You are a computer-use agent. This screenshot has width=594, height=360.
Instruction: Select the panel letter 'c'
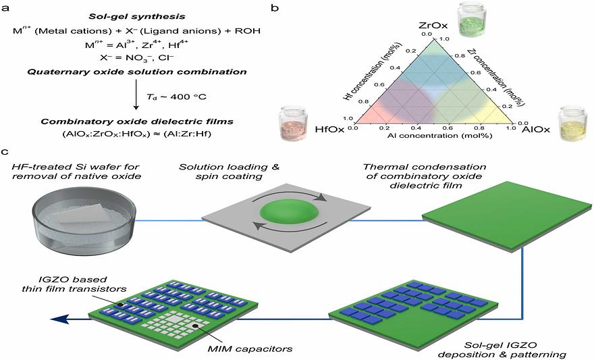[5, 154]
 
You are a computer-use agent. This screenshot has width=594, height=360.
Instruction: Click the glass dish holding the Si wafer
[84, 215]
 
